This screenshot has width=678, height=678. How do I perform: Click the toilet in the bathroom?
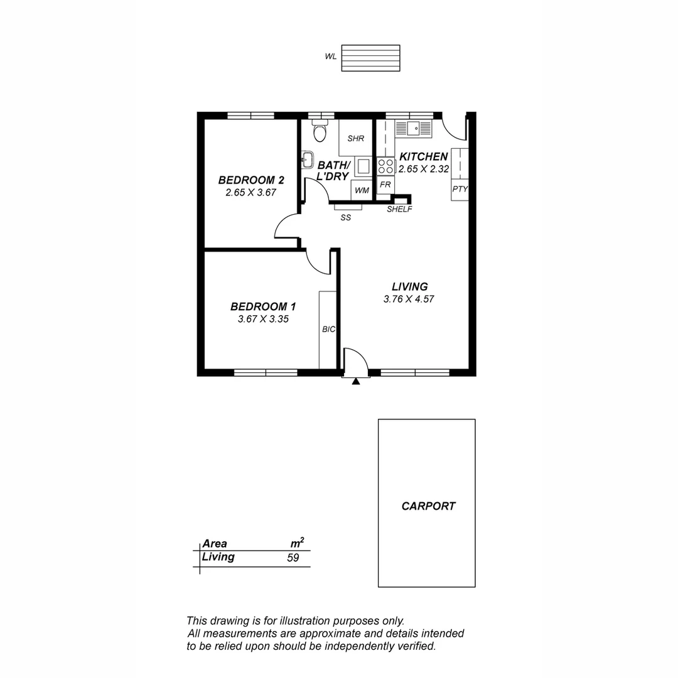tap(320, 132)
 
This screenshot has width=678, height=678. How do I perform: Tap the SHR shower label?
tap(356, 138)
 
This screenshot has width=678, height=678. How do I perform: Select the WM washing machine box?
tap(361, 190)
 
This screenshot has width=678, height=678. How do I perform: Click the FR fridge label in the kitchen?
tap(385, 185)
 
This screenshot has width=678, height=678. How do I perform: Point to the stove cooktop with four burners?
tap(385, 166)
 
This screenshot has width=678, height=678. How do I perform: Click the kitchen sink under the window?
tap(413, 129)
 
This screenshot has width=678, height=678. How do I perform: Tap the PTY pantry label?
tap(460, 188)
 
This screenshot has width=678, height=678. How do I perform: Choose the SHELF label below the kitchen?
tap(399, 209)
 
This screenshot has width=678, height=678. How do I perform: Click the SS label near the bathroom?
tap(345, 218)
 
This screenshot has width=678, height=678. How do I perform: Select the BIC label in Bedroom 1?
tap(328, 329)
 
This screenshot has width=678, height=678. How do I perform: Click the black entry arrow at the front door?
tap(356, 380)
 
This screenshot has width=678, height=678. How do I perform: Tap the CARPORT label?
tap(428, 506)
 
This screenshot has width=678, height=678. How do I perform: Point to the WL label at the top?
tap(330, 56)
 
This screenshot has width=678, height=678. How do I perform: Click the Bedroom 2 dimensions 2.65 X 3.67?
tap(251, 193)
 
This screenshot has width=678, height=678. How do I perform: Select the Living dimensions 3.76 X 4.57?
tap(409, 299)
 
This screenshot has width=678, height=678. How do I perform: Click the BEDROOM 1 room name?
tap(263, 306)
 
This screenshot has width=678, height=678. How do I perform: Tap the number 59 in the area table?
tap(293, 557)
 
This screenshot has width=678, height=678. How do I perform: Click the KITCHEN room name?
tap(424, 156)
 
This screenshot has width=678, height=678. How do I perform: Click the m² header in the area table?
tap(296, 543)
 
